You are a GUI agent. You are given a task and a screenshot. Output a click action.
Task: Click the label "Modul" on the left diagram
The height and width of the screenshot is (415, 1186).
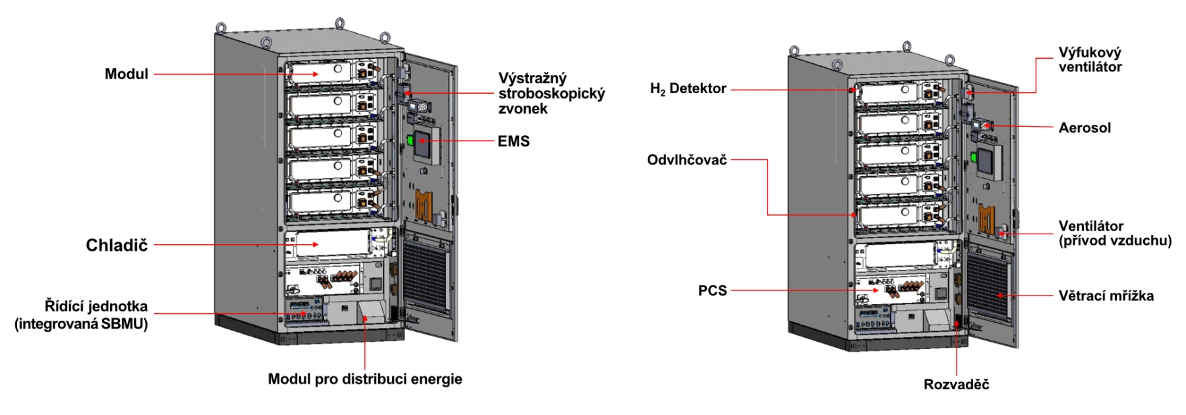(126, 74)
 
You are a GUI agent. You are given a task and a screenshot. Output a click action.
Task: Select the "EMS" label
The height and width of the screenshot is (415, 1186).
(513, 141)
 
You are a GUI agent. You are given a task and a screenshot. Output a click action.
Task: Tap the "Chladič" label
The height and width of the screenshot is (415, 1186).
(117, 245)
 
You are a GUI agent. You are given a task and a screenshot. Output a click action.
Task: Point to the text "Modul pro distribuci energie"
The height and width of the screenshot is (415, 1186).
(364, 379)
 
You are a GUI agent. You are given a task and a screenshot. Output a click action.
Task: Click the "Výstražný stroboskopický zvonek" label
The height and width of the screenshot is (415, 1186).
(551, 94)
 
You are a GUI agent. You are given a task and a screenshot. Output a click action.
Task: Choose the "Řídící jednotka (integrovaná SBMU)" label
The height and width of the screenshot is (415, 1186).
(81, 315)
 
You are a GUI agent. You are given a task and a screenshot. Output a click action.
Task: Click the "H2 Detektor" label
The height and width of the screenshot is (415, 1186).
(688, 89)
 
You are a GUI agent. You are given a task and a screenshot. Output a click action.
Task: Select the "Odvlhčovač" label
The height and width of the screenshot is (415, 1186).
(687, 160)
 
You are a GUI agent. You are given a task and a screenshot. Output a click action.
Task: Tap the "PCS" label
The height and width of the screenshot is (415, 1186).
(712, 291)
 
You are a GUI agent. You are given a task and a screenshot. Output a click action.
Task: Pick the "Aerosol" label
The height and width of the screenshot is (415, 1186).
(1085, 128)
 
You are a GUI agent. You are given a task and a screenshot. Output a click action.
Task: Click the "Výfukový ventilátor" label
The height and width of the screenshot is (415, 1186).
(1090, 59)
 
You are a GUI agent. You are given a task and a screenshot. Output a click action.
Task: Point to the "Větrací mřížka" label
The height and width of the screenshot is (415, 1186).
(1106, 296)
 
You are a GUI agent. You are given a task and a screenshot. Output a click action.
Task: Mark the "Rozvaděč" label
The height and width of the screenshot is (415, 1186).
(956, 385)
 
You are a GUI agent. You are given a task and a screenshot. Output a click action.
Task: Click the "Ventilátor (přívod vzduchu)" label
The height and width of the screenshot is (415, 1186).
(1115, 234)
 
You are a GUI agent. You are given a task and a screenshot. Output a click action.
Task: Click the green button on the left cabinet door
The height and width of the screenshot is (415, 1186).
(409, 140)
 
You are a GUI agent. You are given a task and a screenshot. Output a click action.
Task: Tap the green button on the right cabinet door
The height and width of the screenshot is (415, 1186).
(973, 157)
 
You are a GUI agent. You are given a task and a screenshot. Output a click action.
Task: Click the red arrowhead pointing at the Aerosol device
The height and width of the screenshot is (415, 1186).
(991, 125)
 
